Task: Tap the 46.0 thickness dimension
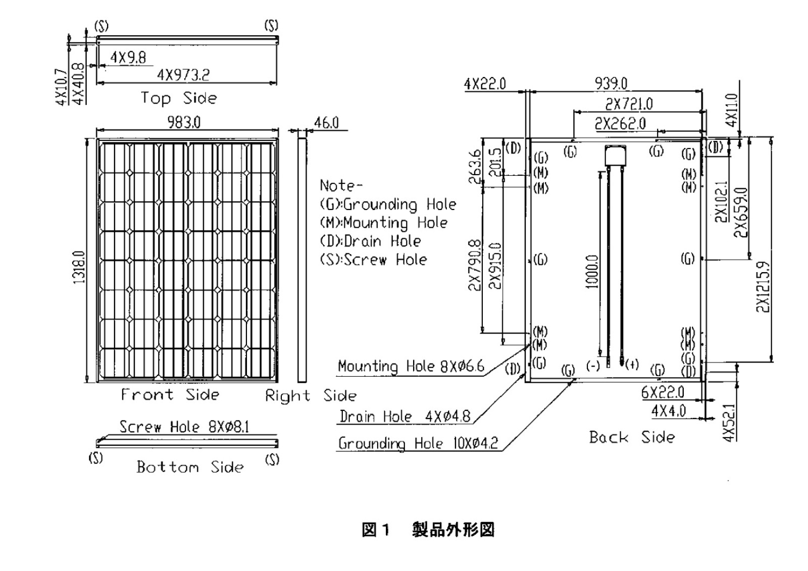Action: click(326, 123)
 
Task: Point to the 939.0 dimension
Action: click(611, 83)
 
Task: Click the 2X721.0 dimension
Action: click(629, 104)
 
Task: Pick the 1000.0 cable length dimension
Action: click(592, 271)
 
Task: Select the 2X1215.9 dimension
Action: click(763, 287)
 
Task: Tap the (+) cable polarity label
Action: click(632, 364)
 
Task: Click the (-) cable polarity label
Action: click(593, 365)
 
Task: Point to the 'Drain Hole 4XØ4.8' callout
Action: click(405, 417)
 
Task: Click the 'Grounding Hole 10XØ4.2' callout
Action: click(418, 443)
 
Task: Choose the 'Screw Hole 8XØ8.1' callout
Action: click(184, 427)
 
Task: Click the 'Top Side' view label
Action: click(179, 98)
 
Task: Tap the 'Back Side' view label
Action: click(632, 437)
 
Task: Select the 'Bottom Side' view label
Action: click(190, 466)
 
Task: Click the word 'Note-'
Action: click(341, 186)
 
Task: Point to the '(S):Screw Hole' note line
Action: click(373, 260)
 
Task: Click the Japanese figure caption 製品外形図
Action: click(453, 530)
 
